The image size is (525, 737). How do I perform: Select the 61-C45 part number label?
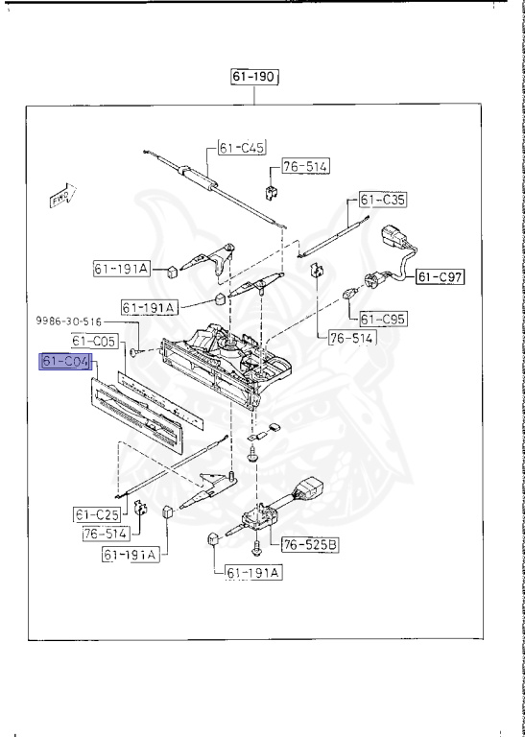point(239,148)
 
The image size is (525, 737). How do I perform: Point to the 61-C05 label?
point(93,340)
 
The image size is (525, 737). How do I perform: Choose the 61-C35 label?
point(383,201)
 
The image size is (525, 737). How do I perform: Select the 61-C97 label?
point(440,277)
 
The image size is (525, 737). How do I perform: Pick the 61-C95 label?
point(383,318)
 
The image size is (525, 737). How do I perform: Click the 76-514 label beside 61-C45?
point(304,166)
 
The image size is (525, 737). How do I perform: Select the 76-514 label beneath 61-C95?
point(352,338)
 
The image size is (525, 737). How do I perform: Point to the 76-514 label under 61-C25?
point(103,533)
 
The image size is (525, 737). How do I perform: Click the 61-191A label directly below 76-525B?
point(253,573)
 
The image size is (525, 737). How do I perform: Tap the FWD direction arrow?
point(62,197)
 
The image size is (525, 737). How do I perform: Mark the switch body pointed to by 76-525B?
point(256,518)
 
